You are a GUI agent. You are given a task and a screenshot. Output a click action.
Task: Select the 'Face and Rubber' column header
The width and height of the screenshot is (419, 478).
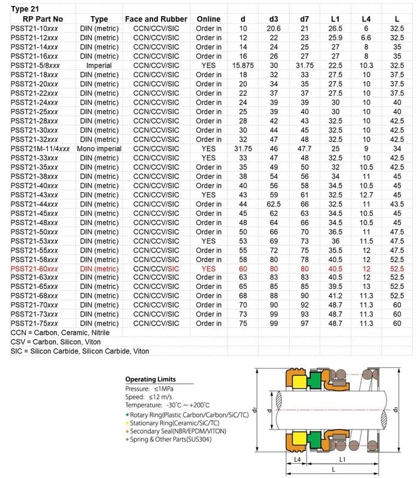click(156, 19)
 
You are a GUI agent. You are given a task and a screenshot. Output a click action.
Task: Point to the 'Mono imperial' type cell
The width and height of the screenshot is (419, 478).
click(99, 148)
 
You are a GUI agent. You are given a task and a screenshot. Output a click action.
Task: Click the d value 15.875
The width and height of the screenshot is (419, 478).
click(242, 65)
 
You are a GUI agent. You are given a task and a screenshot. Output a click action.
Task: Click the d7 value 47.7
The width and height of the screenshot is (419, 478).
click(304, 148)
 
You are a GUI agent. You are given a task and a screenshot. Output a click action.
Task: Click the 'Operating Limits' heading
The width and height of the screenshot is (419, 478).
click(150, 379)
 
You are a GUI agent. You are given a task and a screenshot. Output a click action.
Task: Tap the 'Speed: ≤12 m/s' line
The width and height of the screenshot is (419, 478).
click(148, 397)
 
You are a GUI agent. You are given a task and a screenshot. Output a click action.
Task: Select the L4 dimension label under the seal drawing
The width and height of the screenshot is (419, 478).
click(297, 459)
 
